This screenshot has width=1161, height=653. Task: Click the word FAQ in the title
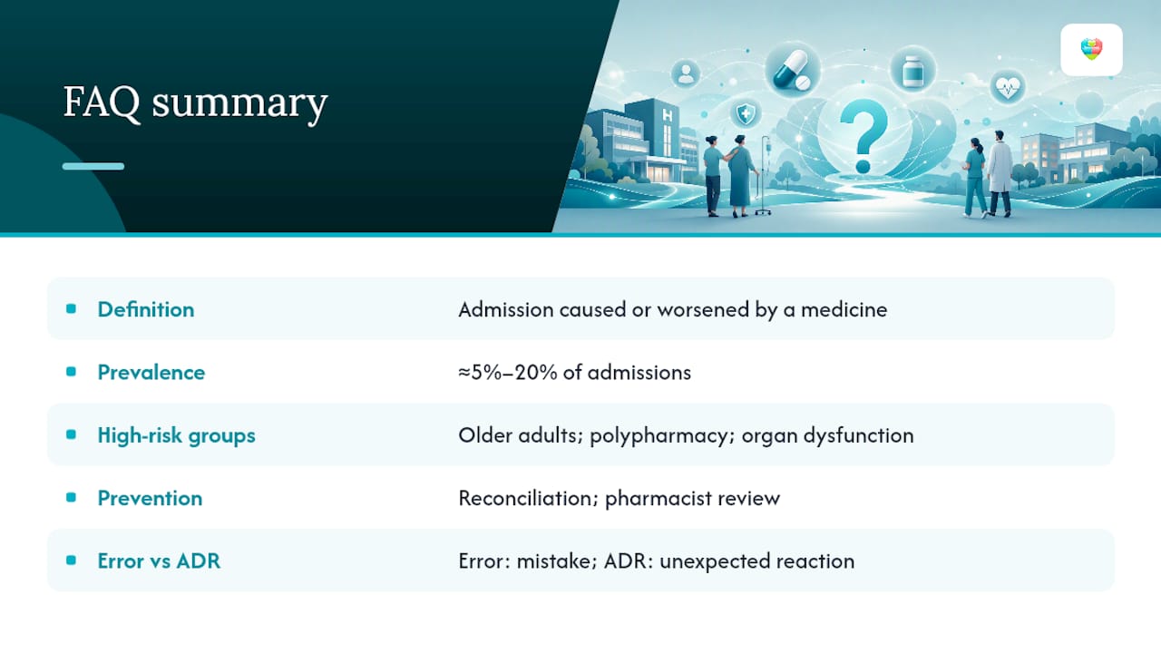point(102,103)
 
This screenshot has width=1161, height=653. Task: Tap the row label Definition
point(146,309)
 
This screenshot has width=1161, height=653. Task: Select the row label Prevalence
point(151,372)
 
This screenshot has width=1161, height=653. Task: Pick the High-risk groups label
point(176,435)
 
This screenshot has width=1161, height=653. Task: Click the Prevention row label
point(150,498)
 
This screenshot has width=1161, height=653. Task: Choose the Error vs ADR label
point(159,560)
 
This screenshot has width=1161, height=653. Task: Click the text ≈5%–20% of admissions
point(574,372)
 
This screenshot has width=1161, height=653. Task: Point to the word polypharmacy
point(662,436)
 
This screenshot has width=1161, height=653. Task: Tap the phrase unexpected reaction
point(756,561)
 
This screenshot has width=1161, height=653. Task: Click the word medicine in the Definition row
point(844,309)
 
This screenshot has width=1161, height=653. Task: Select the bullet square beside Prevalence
point(71,372)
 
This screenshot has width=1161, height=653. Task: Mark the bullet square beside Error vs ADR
point(71,560)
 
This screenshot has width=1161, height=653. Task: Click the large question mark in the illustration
point(863,136)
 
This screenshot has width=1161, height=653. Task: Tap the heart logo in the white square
point(1091,50)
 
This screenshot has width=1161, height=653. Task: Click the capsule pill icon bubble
point(793,70)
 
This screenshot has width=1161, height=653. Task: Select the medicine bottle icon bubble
point(912,70)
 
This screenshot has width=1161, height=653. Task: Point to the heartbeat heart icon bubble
point(1007,88)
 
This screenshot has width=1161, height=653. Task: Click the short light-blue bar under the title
point(93,166)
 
